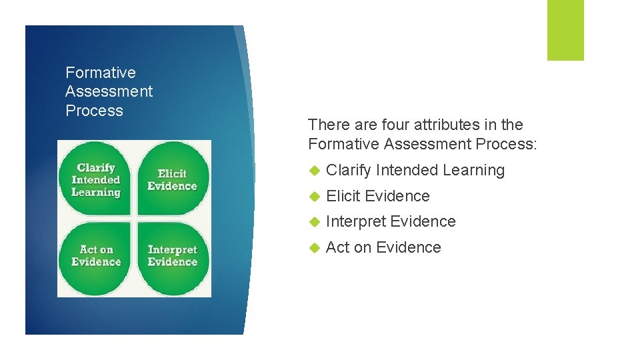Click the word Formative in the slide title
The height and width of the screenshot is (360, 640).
coord(100,73)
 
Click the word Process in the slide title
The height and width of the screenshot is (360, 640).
coord(94,111)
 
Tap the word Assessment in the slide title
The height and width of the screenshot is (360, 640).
coord(109,91)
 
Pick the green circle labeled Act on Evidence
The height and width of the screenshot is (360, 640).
coord(96,257)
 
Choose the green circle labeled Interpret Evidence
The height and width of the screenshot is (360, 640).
coord(173,257)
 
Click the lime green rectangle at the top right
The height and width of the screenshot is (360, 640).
coord(565,29)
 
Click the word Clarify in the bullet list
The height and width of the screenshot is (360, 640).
coord(348,171)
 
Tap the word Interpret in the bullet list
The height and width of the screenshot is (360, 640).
coord(355,221)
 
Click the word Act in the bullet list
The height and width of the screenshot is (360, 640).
coord(337,247)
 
